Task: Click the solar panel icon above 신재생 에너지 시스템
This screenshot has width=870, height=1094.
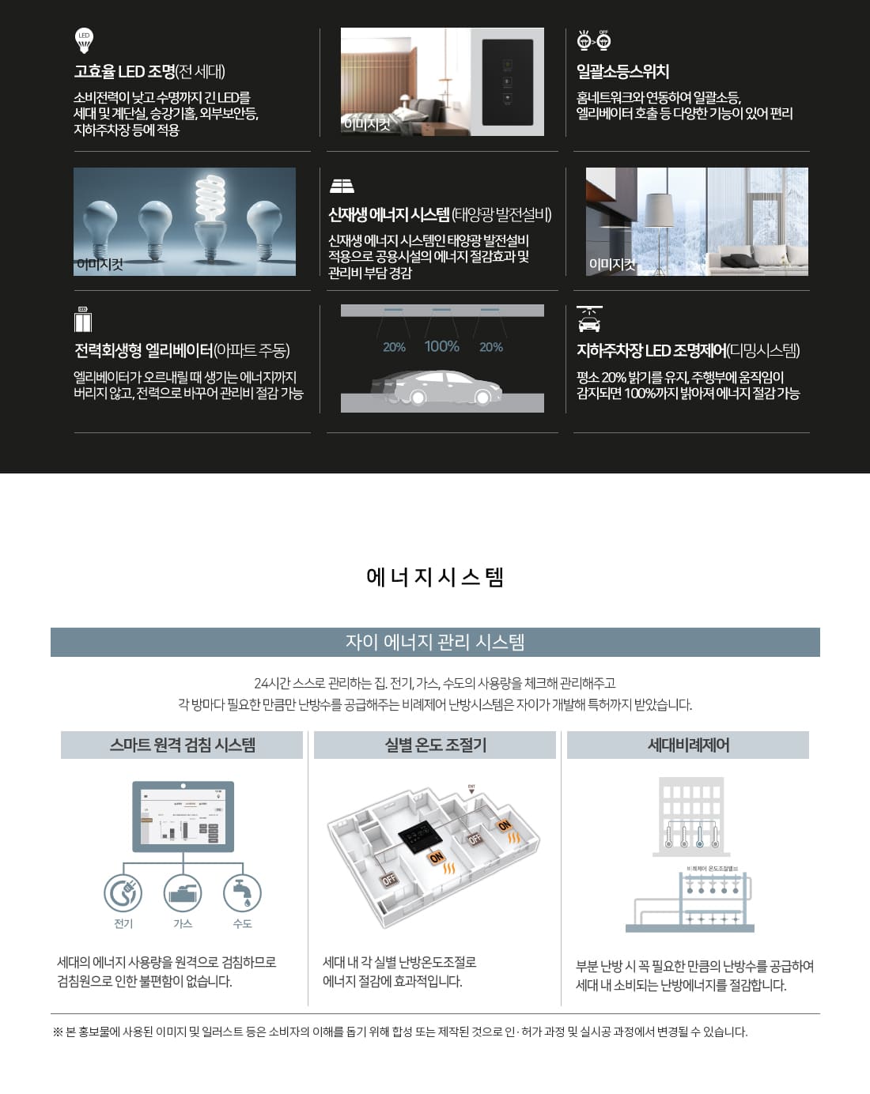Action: pos(342,186)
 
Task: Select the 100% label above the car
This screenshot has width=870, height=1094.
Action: pos(441,346)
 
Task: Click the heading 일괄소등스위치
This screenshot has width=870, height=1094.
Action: pos(622,72)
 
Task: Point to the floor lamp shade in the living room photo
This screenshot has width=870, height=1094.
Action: pos(658,212)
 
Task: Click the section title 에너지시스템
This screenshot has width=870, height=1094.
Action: pos(435,577)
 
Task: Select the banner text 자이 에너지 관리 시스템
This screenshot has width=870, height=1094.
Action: pos(435,642)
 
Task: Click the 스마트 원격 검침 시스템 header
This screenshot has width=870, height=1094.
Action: pos(182,745)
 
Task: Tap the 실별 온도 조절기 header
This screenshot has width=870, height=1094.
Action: pos(435,745)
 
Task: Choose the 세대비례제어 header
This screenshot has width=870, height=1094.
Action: pos(688,745)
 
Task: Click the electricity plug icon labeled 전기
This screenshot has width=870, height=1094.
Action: pos(123,893)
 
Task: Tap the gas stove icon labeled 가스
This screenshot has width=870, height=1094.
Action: pos(183,893)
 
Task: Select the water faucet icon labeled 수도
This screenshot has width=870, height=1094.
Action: pos(242,893)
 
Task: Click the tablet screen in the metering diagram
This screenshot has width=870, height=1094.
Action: pos(183,816)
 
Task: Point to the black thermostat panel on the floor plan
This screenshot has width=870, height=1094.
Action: pos(418,833)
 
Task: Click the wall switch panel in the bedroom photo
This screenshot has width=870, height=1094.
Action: pos(507,82)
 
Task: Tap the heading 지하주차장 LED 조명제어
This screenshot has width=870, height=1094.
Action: pos(650,351)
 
